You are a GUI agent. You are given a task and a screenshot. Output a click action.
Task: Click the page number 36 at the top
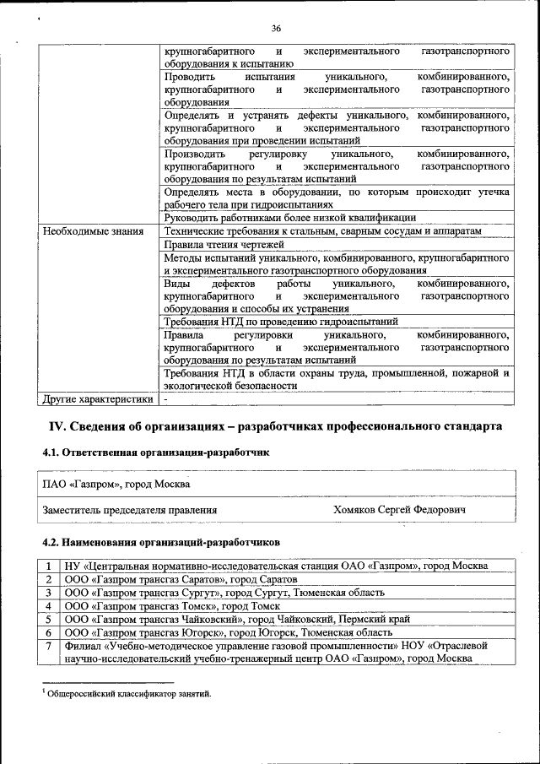pyautogui.click(x=276, y=28)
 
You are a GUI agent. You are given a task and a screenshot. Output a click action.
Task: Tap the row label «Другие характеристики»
pyautogui.click(x=99, y=399)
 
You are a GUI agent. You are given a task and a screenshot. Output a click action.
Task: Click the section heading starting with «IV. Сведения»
pyautogui.click(x=272, y=426)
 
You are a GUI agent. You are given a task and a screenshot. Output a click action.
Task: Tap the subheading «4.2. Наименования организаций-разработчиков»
pyautogui.click(x=159, y=542)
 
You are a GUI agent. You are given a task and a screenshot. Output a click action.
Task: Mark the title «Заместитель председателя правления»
pyautogui.click(x=130, y=510)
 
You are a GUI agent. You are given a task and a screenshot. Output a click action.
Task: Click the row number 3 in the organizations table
pyautogui.click(x=50, y=593)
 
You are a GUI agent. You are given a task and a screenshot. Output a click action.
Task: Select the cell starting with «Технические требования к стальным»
pyautogui.click(x=322, y=231)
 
